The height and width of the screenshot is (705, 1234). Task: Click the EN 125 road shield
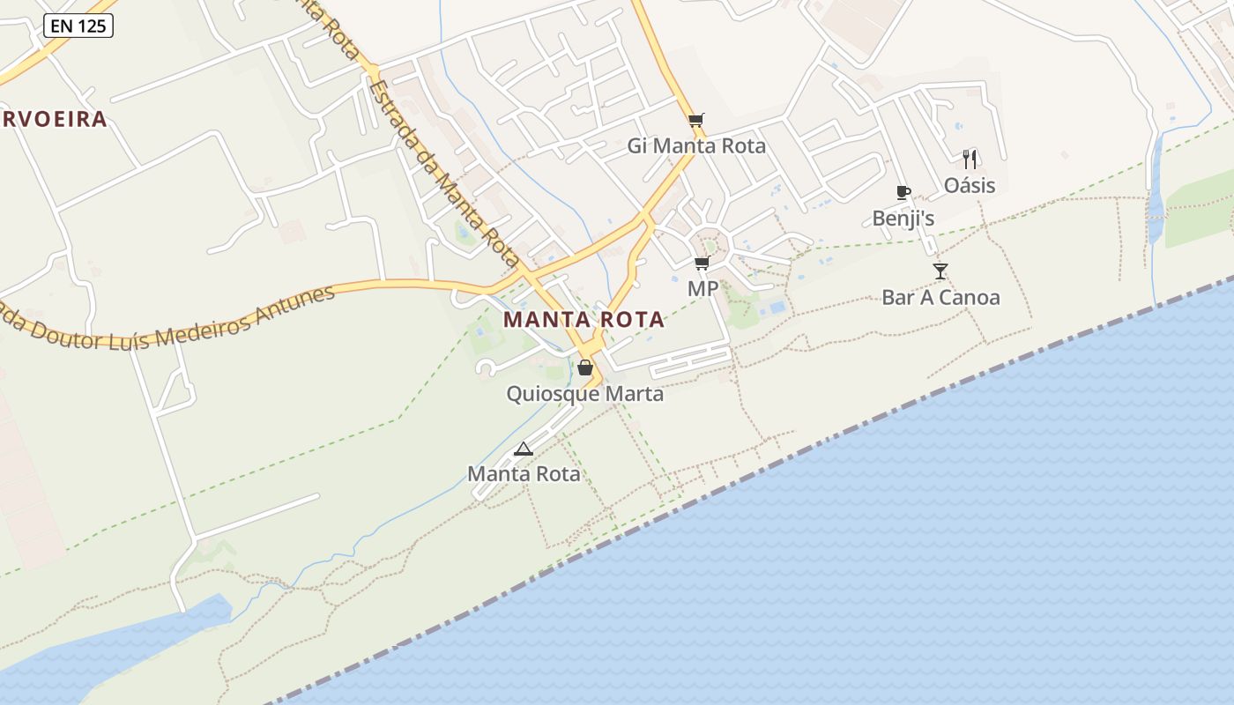pos(78,26)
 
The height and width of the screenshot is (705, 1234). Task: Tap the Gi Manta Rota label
pos(696,145)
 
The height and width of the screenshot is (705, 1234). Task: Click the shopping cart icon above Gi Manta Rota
pos(696,121)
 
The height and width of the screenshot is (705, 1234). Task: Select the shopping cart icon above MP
pos(702,263)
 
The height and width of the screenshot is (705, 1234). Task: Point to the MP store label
pos(702,288)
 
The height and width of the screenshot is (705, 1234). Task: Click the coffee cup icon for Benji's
pos(903,192)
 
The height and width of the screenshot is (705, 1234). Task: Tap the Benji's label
pos(903,218)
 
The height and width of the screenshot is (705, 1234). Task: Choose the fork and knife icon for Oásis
pos(970,160)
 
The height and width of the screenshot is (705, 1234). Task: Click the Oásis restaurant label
pos(970,185)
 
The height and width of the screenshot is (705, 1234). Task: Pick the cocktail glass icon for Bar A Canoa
pos(940,271)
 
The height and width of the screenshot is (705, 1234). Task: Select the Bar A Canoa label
pos(940,297)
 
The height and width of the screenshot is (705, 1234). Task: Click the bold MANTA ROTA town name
pos(584,320)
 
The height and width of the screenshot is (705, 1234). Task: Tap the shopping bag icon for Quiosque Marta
pos(584,367)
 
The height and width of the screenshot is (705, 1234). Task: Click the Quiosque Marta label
pos(584,393)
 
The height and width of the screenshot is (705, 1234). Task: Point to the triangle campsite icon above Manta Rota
pos(524,449)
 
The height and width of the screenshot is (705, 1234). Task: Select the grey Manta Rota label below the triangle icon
pos(524,474)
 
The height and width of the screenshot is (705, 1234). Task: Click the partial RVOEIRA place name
pos(54,119)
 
